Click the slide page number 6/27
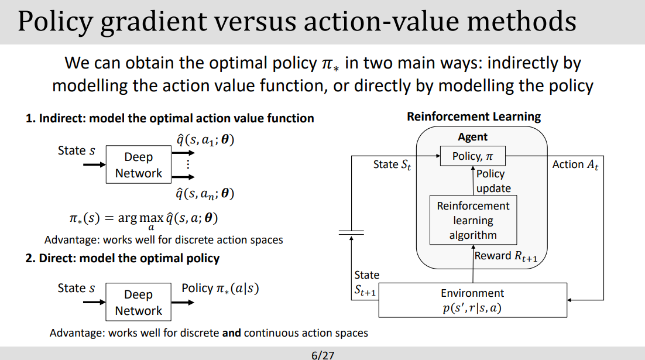pos(322,355)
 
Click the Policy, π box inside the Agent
pos(473,156)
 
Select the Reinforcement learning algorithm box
pos(473,221)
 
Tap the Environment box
pos(472,300)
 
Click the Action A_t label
pos(575,164)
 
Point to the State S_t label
pos(392,164)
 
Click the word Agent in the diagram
pos(473,137)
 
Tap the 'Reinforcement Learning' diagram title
pos(474,116)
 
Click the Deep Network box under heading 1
pos(139,165)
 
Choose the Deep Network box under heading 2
pos(139,303)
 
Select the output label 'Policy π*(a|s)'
pos(220,288)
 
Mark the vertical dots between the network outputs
pos(188,164)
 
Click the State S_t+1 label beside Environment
pos(366,283)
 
